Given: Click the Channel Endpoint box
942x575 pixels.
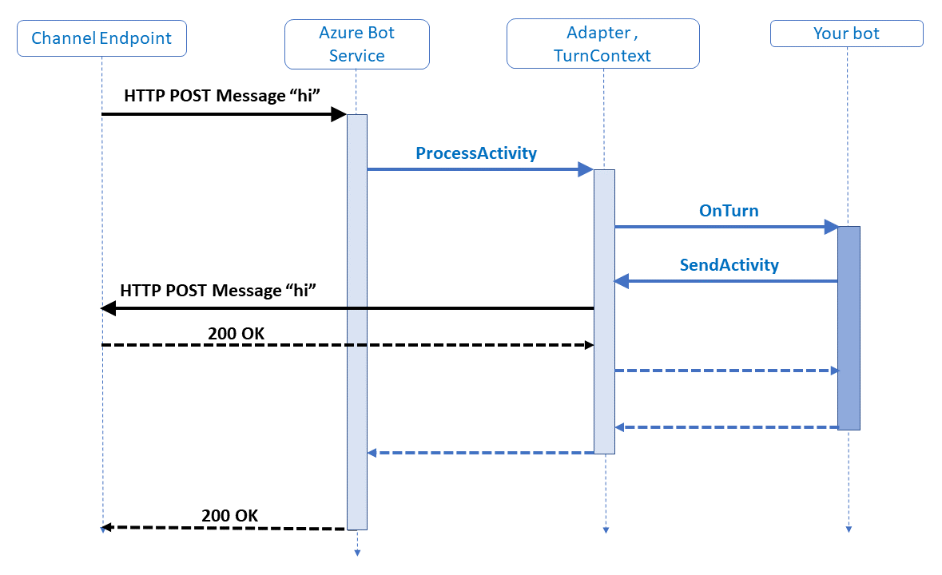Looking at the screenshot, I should [101, 38].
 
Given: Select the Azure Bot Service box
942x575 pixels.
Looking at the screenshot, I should [356, 44].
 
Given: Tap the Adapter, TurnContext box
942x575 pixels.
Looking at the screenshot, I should [602, 44].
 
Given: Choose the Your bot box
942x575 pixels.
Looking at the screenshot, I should [846, 34].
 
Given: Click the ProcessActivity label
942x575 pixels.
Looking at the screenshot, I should [476, 153].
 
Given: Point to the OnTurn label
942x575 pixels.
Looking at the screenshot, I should [729, 211].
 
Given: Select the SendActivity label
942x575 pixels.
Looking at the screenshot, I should [729, 264].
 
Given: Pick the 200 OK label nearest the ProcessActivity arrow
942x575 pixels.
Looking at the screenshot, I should [236, 333].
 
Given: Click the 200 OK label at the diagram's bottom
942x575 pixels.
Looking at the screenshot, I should [230, 515].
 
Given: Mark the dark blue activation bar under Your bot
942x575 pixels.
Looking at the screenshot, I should [849, 327].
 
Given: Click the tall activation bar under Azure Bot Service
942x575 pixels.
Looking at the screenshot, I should [356, 319].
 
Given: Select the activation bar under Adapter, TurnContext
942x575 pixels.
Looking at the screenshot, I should [604, 311].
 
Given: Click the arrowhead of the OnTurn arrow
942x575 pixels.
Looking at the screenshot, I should [830, 228].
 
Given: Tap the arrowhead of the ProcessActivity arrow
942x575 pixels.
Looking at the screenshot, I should [586, 169].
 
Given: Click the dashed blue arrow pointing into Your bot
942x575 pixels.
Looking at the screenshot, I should [727, 371].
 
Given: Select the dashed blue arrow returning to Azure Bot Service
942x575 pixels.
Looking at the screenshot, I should [479, 453].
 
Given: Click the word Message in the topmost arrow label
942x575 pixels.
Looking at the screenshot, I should [248, 96].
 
